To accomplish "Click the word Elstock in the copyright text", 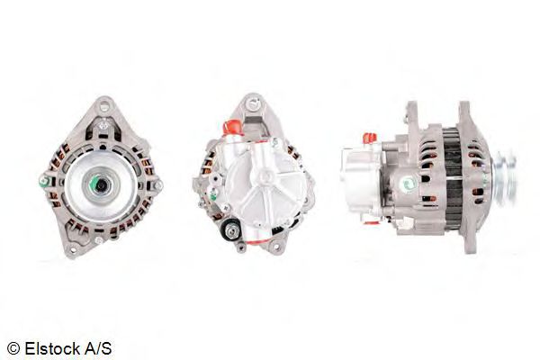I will click(x=53, y=347).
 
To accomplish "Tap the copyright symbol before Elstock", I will click(x=13, y=347).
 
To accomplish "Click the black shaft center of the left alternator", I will click(x=100, y=184).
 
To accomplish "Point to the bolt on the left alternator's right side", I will click(x=156, y=184).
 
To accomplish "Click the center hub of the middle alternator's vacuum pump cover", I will click(x=262, y=190).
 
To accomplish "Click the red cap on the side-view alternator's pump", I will click(x=368, y=138).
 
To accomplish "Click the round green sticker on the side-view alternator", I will click(x=408, y=184).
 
